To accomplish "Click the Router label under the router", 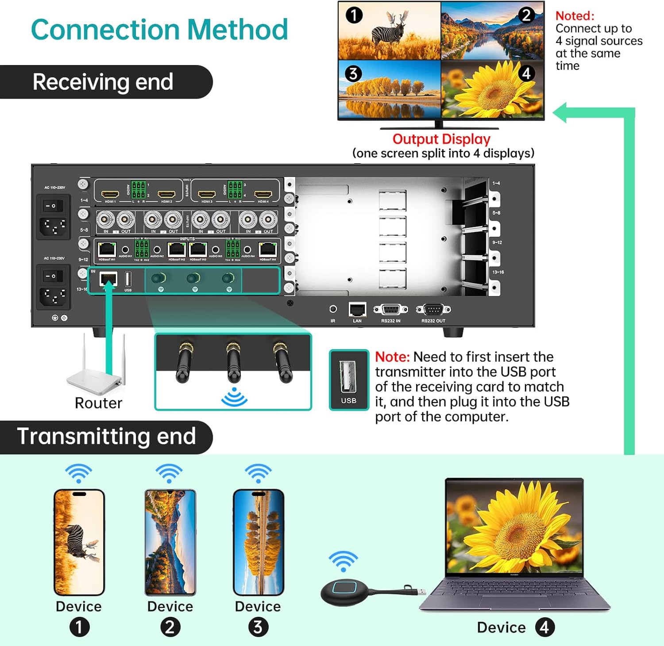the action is click(x=98, y=403).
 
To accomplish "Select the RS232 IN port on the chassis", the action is click(x=390, y=309).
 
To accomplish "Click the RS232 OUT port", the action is click(x=433, y=309).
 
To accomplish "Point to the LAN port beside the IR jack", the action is click(x=357, y=309).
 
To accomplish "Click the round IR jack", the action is click(x=333, y=309).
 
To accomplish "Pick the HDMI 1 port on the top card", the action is click(x=110, y=194).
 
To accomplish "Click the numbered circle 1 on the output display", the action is click(x=354, y=15).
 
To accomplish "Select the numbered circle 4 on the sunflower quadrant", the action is click(x=526, y=73).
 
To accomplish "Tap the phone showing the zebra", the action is click(x=79, y=542).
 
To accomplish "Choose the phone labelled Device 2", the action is click(x=170, y=542).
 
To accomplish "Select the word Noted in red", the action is click(x=575, y=16).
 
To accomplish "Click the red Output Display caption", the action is click(x=441, y=139).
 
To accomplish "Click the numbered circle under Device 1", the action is click(x=79, y=627).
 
